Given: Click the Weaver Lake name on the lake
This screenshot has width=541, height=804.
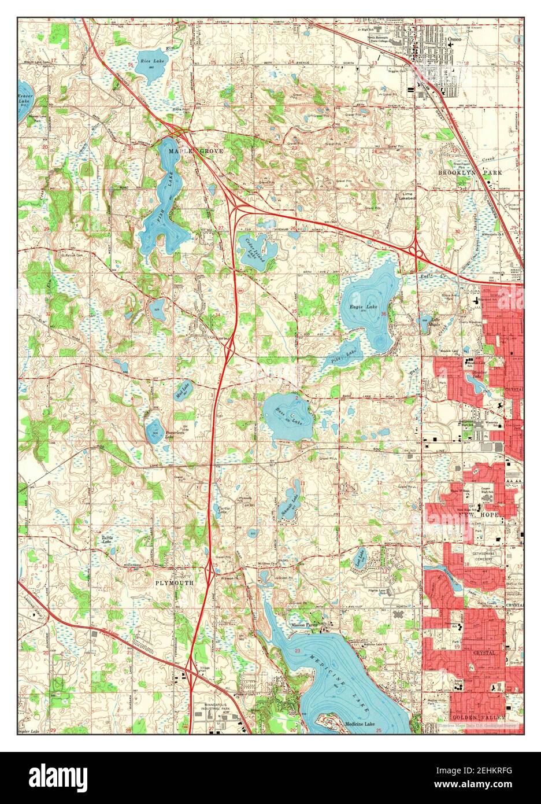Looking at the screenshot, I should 24,98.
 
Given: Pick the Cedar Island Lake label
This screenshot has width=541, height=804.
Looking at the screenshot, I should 255,250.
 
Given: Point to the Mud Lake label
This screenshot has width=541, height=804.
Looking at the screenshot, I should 182,392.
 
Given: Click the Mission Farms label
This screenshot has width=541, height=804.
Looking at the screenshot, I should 305,625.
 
